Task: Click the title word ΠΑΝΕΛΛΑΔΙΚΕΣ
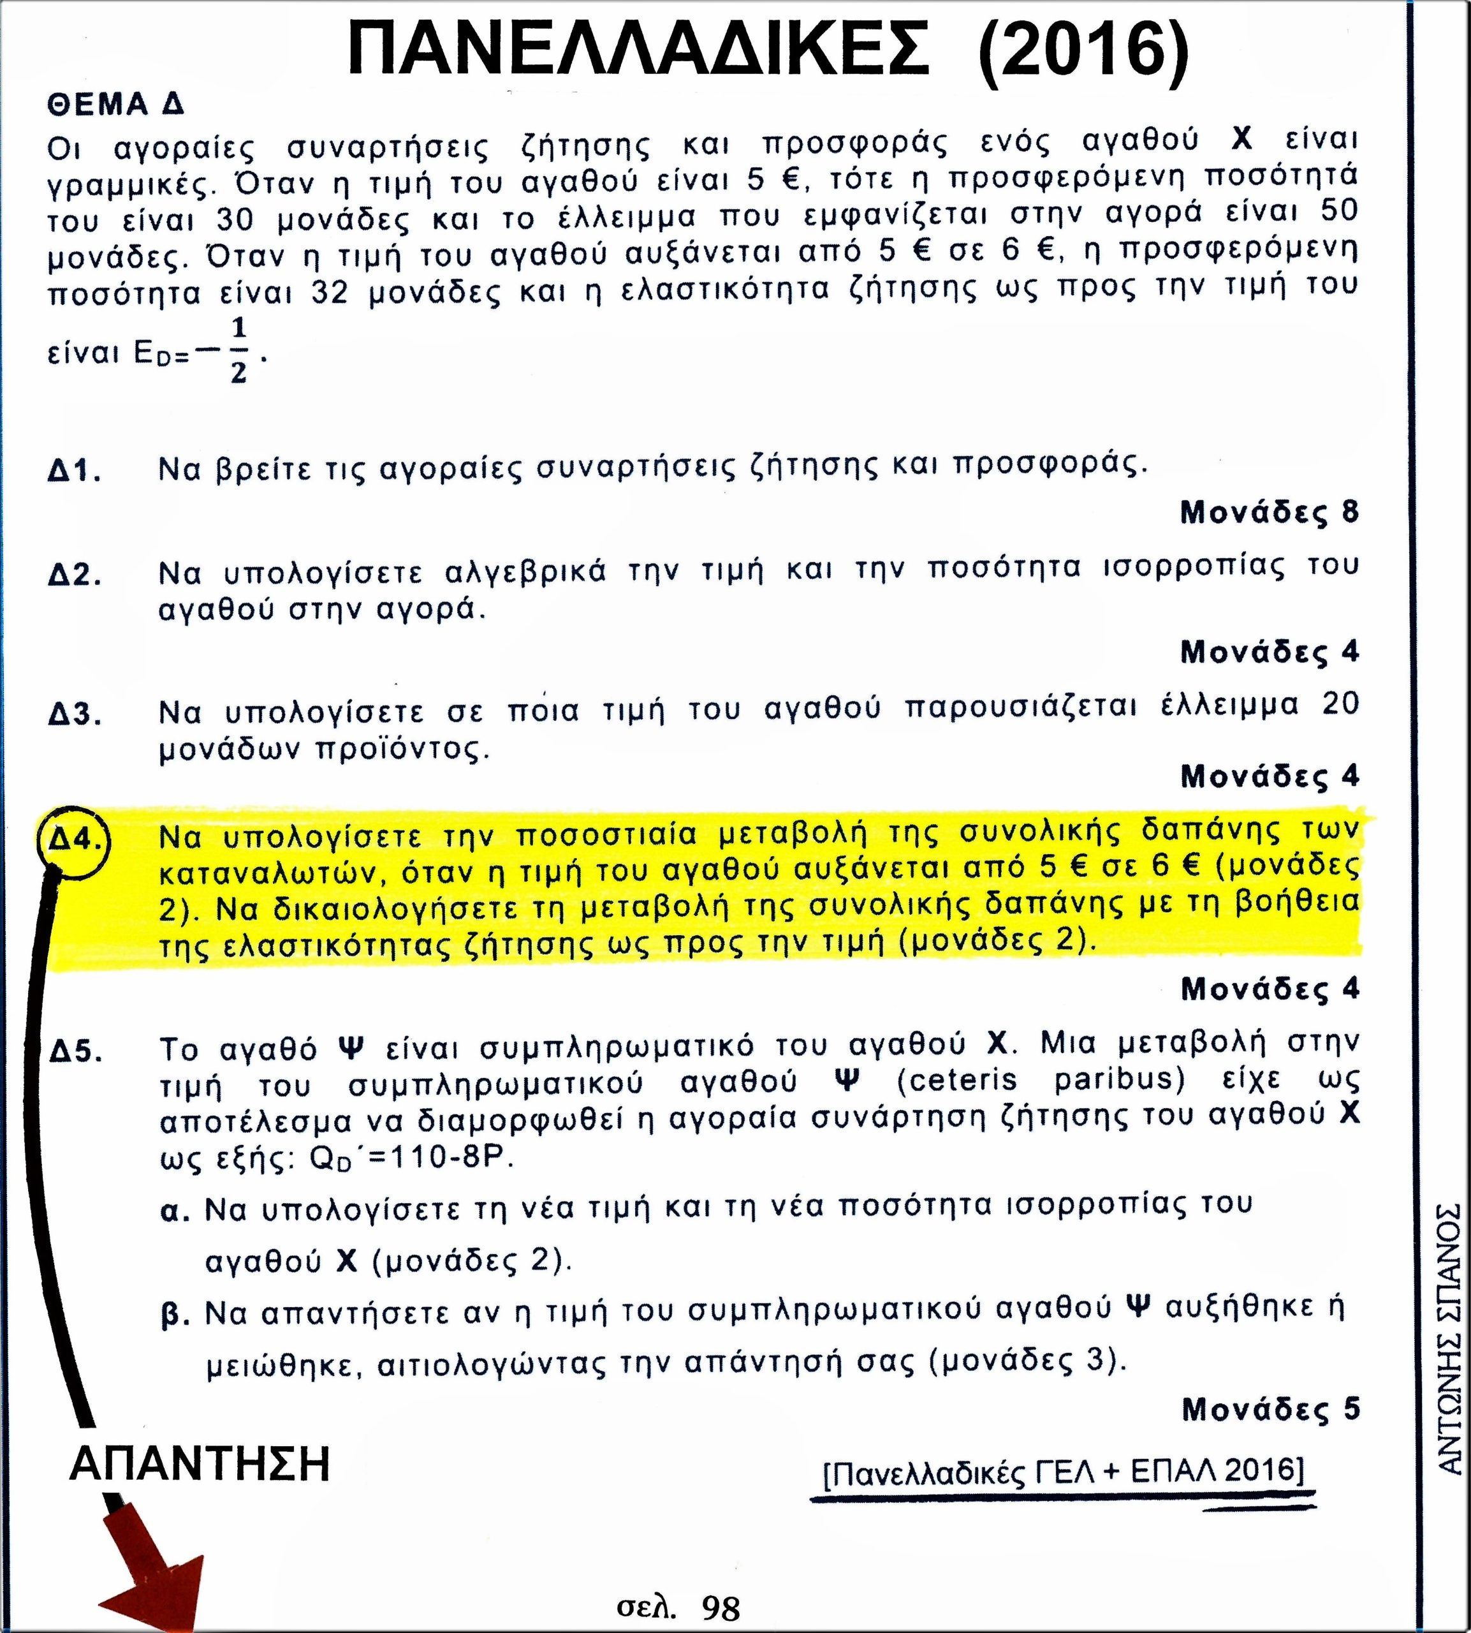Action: tap(638, 50)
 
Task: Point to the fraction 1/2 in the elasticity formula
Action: tap(238, 351)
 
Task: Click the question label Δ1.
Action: tap(75, 471)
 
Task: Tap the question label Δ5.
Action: tap(75, 1053)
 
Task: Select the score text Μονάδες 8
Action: tap(1270, 512)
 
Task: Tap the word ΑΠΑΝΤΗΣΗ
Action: tap(200, 1465)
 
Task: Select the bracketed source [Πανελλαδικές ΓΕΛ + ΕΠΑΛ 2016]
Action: tap(1063, 1470)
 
